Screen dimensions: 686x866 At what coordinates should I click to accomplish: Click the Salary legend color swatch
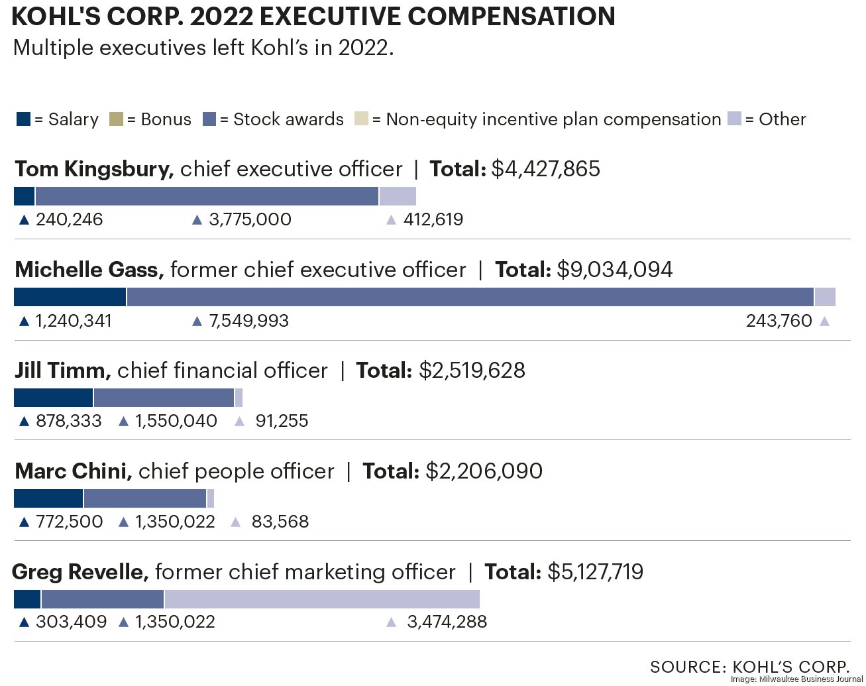pyautogui.click(x=23, y=120)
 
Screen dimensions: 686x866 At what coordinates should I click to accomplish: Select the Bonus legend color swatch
pyautogui.click(x=116, y=120)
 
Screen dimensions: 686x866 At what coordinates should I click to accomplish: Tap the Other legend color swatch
pyautogui.click(x=734, y=119)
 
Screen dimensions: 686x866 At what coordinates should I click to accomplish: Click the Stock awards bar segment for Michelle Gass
pyautogui.click(x=470, y=297)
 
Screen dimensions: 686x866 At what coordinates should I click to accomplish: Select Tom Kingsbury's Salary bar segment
pyautogui.click(x=24, y=196)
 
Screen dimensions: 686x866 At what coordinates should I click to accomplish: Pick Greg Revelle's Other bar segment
pyautogui.click(x=322, y=599)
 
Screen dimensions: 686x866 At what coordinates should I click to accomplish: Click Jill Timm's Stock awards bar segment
pyautogui.click(x=164, y=398)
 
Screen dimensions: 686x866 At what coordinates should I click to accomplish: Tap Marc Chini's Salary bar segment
pyautogui.click(x=48, y=498)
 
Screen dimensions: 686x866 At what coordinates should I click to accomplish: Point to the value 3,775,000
pyautogui.click(x=250, y=220)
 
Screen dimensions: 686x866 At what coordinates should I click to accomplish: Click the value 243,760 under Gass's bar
pyautogui.click(x=779, y=321)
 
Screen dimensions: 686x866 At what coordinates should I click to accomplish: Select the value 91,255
pyautogui.click(x=282, y=422)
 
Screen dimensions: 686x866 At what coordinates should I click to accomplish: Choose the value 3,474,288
pyautogui.click(x=447, y=622)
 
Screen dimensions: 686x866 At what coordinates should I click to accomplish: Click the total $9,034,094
pyautogui.click(x=614, y=270)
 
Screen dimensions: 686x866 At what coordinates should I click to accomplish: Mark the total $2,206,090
pyautogui.click(x=484, y=471)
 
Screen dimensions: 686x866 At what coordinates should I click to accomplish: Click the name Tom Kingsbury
pyautogui.click(x=94, y=169)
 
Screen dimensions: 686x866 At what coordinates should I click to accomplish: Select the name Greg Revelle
pyautogui.click(x=80, y=572)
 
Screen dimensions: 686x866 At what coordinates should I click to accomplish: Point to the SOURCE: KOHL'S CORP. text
pyautogui.click(x=749, y=667)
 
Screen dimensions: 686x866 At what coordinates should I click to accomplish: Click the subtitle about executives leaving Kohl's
pyautogui.click(x=203, y=48)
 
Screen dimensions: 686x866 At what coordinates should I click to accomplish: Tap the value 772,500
pyautogui.click(x=69, y=522)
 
